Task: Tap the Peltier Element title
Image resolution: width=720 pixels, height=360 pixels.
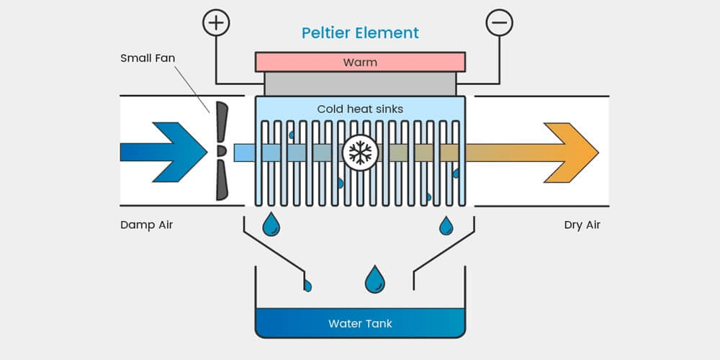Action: (360, 32)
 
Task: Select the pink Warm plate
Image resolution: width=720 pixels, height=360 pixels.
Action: (360, 62)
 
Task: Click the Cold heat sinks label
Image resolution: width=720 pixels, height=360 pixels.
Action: (360, 109)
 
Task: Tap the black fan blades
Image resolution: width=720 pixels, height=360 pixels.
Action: (221, 151)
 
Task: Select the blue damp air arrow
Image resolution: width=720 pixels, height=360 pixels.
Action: (166, 152)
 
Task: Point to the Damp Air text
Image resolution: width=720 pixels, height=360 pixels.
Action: (147, 225)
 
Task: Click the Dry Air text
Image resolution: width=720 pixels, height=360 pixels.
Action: (582, 225)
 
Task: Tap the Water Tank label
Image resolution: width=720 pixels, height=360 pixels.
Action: (360, 323)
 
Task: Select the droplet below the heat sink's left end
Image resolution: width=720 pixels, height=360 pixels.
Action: (271, 225)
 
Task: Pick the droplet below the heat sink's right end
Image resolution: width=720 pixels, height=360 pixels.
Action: (446, 225)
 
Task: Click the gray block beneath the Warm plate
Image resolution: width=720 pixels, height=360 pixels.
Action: (360, 84)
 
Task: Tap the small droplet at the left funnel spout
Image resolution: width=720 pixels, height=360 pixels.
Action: (307, 285)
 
